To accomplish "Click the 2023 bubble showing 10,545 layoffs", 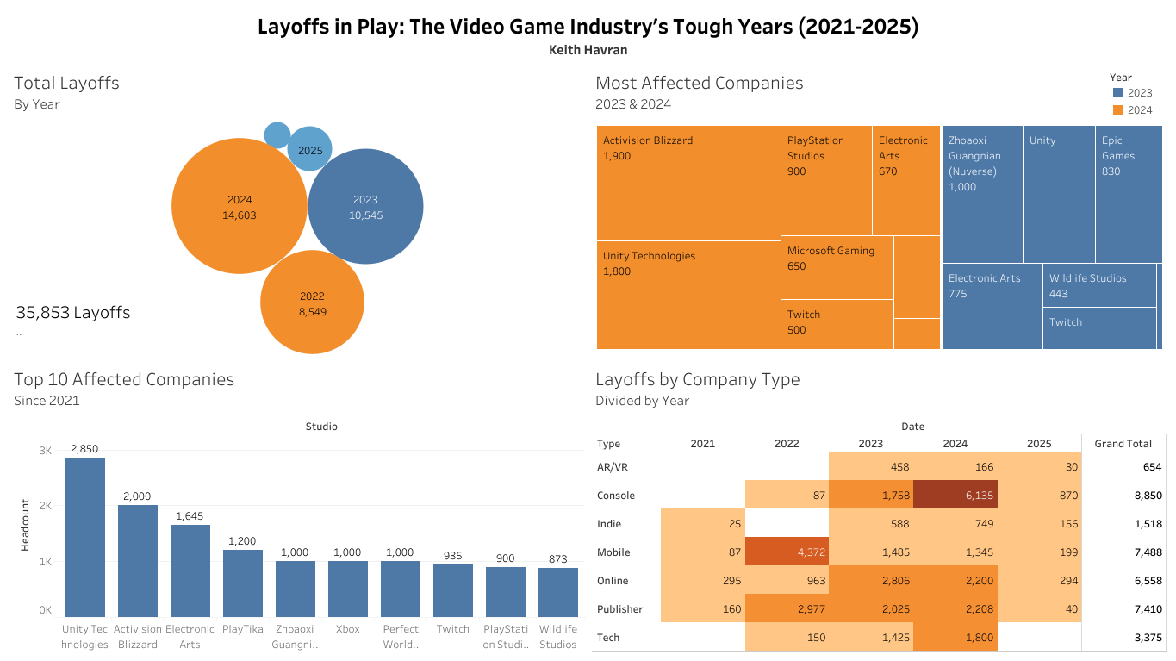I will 365,207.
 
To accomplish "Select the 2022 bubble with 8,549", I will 312,302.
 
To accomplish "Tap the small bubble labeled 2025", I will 310,149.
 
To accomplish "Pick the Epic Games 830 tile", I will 1128,194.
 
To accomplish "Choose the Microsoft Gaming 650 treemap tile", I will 837,266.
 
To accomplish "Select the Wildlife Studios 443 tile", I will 1098,285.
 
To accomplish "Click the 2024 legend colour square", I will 1118,109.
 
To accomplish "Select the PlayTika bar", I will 243,583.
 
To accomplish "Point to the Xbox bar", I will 348,588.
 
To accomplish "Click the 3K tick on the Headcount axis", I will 46,451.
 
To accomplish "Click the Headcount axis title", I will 26,525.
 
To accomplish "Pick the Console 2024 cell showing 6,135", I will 955,496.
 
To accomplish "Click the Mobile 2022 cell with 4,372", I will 787,552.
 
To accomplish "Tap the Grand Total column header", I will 1123,444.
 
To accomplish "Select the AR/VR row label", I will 609,467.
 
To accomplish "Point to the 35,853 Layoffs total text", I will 73,313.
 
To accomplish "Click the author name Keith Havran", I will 588,50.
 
